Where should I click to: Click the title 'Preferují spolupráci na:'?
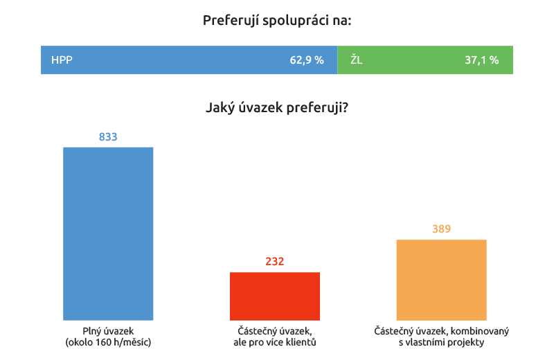point(277,20)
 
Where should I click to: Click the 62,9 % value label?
point(307,60)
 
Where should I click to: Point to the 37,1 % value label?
point(482,60)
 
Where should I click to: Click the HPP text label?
point(62,60)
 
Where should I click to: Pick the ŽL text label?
point(356,60)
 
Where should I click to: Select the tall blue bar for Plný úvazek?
point(108,232)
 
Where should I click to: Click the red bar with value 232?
point(275,295)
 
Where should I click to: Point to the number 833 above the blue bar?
point(108,137)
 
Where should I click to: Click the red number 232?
point(275,262)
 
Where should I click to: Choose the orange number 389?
point(441,229)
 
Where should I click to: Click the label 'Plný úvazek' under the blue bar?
point(108,331)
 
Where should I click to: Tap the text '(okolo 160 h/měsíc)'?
point(108,342)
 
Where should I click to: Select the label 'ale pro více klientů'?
point(275,342)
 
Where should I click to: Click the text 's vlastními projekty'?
point(441,342)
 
